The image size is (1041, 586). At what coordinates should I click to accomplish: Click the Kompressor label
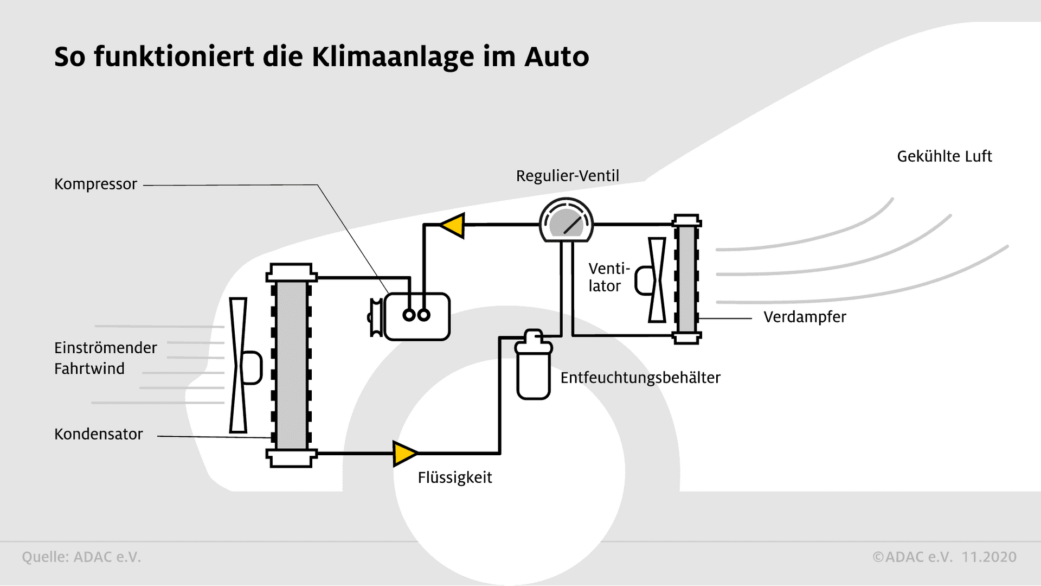tap(95, 184)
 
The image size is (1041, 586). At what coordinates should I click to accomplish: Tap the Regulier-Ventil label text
tap(567, 176)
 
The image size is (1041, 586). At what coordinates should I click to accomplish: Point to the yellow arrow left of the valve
tap(452, 225)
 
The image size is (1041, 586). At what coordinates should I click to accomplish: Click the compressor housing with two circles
tap(417, 316)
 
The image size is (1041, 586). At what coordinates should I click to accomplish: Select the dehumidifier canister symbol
tap(534, 365)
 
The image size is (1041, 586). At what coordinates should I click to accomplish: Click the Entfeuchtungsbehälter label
tap(640, 378)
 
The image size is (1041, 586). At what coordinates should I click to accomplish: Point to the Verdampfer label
tap(805, 317)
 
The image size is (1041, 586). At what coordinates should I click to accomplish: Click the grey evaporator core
tap(686, 279)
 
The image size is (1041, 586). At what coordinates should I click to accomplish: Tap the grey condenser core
tap(292, 365)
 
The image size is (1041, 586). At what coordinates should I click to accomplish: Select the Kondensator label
tap(98, 434)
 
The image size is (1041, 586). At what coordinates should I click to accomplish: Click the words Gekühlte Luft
tap(944, 156)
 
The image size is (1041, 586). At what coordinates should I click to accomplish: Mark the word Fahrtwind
tap(89, 369)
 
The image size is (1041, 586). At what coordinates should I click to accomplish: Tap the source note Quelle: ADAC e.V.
tap(81, 557)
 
